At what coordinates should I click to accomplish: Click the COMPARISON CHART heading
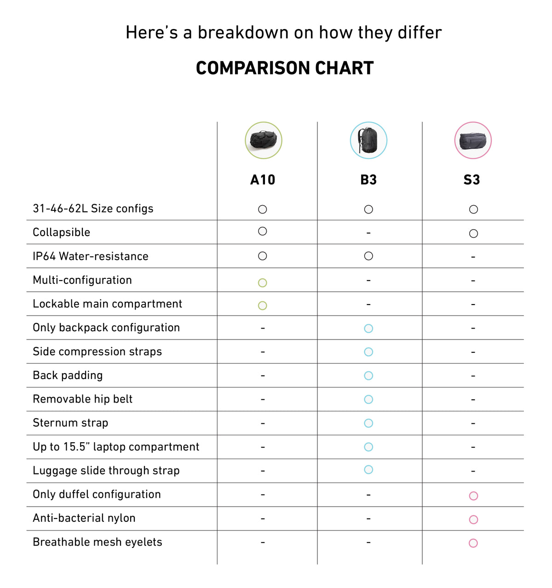pyautogui.click(x=284, y=68)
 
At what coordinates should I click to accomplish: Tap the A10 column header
pyautogui.click(x=263, y=180)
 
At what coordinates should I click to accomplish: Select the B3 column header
pyautogui.click(x=368, y=180)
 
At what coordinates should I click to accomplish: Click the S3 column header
pyautogui.click(x=472, y=180)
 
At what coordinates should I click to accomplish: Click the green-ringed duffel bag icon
pyautogui.click(x=264, y=140)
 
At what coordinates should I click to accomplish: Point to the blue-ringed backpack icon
pyautogui.click(x=368, y=140)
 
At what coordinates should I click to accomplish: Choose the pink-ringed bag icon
pyautogui.click(x=473, y=140)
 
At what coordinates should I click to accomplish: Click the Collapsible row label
pyautogui.click(x=61, y=232)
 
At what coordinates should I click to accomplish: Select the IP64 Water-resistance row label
pyautogui.click(x=91, y=256)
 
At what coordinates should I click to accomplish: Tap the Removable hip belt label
pyautogui.click(x=82, y=399)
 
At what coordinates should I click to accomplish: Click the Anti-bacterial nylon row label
pyautogui.click(x=84, y=518)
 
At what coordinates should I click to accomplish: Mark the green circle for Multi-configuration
pyautogui.click(x=263, y=282)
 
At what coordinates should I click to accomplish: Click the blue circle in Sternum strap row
pyautogui.click(x=368, y=423)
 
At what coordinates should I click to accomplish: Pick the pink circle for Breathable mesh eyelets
pyautogui.click(x=473, y=543)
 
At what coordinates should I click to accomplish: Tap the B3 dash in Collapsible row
pyautogui.click(x=368, y=233)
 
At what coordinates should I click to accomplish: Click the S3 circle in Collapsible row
pyautogui.click(x=473, y=234)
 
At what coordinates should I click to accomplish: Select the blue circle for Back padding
pyautogui.click(x=368, y=375)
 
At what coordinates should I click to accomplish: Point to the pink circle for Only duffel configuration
pyautogui.click(x=473, y=496)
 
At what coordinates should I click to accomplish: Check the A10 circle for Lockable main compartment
pyautogui.click(x=263, y=306)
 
